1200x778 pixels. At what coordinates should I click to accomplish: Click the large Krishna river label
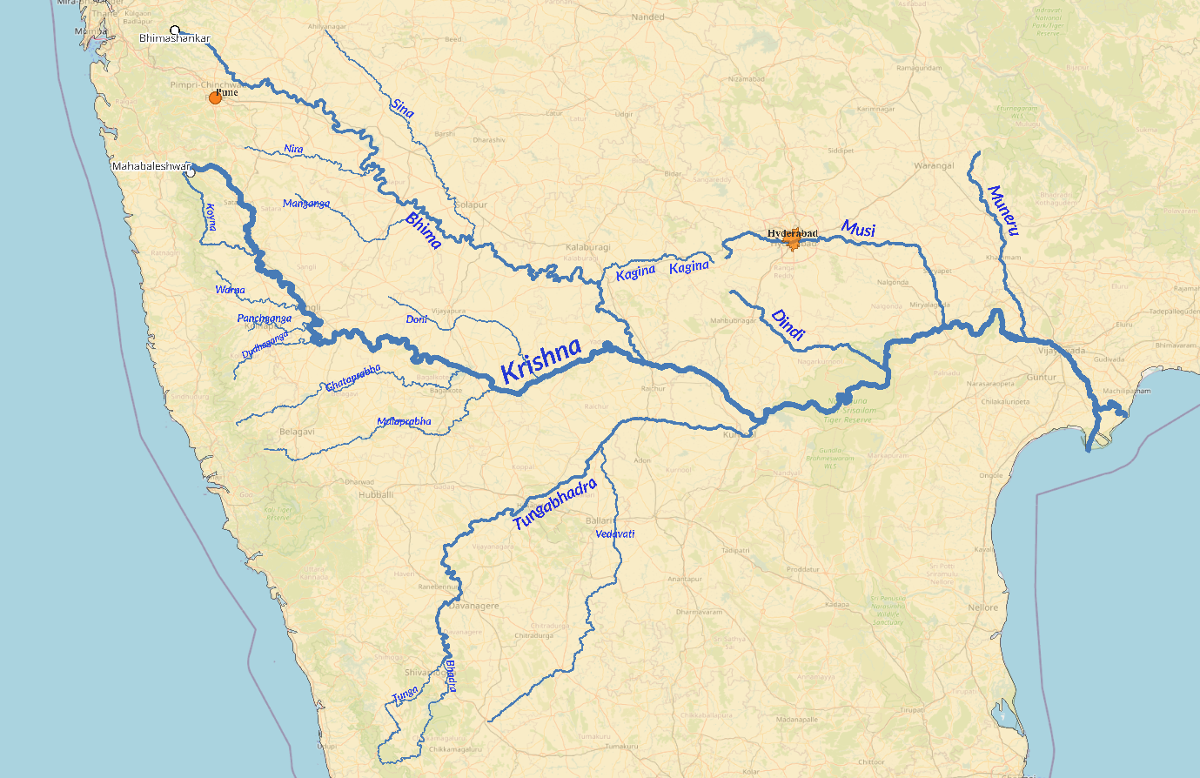(x=541, y=360)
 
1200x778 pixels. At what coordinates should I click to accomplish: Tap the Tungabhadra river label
(x=555, y=505)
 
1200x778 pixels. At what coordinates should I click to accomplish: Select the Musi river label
(x=858, y=229)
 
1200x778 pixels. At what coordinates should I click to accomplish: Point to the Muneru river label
(x=1002, y=210)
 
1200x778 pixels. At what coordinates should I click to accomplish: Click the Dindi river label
(x=788, y=323)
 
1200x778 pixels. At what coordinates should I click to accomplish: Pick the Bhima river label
(x=423, y=231)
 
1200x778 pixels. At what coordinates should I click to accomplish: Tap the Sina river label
(x=402, y=108)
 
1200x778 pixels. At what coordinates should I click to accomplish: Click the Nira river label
(x=294, y=149)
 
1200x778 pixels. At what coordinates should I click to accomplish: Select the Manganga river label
(x=306, y=204)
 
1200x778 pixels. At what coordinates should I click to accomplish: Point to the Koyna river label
(x=210, y=218)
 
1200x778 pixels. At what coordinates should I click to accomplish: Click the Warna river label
(x=231, y=290)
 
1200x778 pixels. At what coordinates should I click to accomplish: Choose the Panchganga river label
(x=265, y=319)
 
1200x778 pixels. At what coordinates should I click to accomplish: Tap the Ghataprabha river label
(x=353, y=379)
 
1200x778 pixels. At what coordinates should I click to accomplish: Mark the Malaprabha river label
(x=404, y=422)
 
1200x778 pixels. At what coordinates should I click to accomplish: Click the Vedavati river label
(x=615, y=533)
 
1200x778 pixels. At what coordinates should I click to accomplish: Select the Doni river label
(x=416, y=319)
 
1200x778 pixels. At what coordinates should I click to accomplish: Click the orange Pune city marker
(x=215, y=98)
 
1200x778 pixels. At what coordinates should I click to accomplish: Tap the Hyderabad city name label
(x=793, y=233)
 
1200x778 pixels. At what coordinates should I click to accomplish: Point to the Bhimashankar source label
(x=175, y=38)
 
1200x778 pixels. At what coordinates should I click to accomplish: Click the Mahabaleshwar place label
(x=151, y=166)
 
